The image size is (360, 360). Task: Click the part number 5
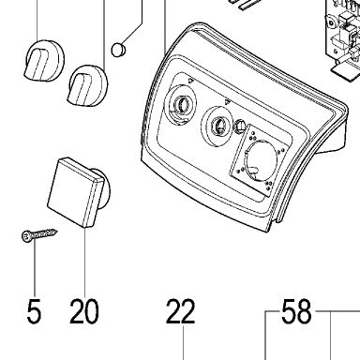[x=34, y=311]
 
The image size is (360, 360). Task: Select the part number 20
[x=84, y=311]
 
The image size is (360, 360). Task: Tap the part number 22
[x=180, y=311]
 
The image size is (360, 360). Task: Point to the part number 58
[x=296, y=311]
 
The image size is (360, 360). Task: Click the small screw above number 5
[x=39, y=234]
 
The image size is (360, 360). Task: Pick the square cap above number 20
[x=76, y=191]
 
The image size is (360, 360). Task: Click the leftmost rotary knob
[x=44, y=61]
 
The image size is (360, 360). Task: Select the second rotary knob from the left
[x=88, y=84]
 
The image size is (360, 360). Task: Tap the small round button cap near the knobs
[x=118, y=50]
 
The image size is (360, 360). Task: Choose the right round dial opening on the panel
[x=217, y=126]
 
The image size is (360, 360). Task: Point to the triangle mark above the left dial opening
[x=190, y=81]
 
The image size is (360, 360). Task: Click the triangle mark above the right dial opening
[x=227, y=102]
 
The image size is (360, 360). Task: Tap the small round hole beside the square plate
[x=239, y=126]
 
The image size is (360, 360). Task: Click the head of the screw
[x=25, y=236]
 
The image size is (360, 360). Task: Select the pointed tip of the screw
[x=56, y=231]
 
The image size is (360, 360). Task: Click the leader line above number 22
[x=183, y=341]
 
